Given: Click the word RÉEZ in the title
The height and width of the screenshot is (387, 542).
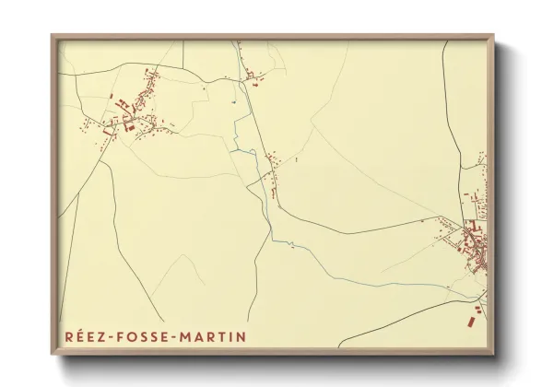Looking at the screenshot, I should [x=82, y=336].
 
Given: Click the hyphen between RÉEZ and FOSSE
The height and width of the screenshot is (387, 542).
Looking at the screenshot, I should [x=108, y=337].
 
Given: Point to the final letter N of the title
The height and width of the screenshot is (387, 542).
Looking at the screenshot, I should [x=242, y=336].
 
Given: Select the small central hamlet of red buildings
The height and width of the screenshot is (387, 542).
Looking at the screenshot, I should [x=273, y=170].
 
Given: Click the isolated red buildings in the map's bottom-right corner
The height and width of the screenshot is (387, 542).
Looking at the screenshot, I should [x=474, y=315].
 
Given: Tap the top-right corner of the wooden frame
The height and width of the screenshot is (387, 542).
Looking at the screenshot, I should [x=495, y=37].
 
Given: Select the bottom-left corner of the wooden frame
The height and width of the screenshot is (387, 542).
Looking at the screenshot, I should [x=53, y=356].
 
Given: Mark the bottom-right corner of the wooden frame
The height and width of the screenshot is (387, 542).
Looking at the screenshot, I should [x=495, y=356].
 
